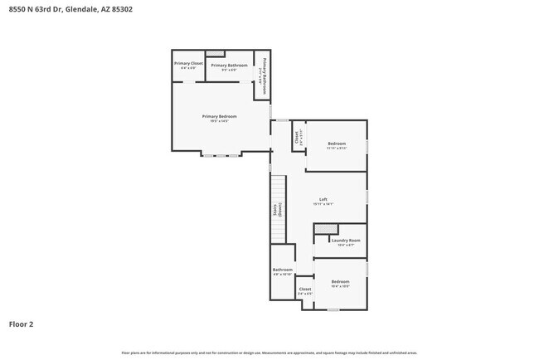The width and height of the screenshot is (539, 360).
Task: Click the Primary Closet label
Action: pos(188,66)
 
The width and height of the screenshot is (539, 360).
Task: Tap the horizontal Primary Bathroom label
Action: pos(229,66)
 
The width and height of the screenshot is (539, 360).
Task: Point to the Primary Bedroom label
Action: pos(220,118)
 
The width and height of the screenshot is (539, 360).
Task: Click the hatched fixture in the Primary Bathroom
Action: pos(215,53)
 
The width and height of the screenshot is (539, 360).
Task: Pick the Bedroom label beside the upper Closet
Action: pos(336,146)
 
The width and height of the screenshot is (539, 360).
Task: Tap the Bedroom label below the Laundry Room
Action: pos(340,284)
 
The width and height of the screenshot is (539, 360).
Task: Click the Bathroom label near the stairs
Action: pos(282,271)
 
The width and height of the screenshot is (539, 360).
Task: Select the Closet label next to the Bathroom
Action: pos(305,290)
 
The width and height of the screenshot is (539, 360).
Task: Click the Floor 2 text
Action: pos(21,324)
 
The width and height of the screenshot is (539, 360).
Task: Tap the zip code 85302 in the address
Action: pos(120,9)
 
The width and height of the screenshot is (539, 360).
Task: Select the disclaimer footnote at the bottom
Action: pos(269,353)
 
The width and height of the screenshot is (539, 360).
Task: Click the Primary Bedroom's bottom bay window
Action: pos(221,154)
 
